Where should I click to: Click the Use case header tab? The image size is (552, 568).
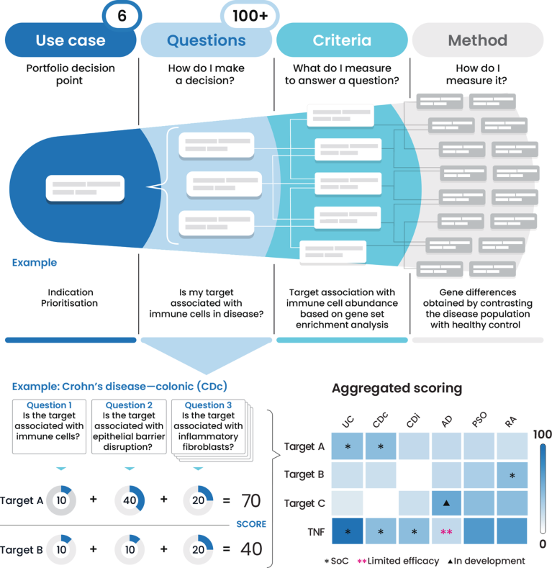70,40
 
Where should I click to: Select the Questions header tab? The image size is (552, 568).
206,40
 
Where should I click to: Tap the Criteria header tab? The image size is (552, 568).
342,40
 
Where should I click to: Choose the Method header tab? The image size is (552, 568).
477,40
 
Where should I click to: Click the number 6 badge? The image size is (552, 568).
122,15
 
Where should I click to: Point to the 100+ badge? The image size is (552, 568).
250,15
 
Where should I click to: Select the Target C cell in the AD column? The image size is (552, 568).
446,503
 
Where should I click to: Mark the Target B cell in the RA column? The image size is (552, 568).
512,476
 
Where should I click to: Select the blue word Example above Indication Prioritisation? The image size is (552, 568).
35,263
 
